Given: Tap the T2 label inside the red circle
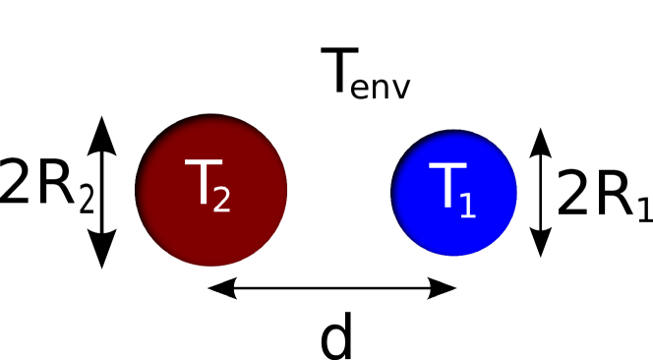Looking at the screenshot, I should point(208,185).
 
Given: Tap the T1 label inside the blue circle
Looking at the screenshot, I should point(451,189).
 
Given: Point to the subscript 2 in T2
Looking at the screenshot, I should point(221,200).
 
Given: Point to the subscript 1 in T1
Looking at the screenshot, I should point(466,205).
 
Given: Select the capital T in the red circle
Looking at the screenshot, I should point(199,182).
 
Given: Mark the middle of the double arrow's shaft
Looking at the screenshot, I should point(332,288).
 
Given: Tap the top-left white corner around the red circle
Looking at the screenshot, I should point(123,102).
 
